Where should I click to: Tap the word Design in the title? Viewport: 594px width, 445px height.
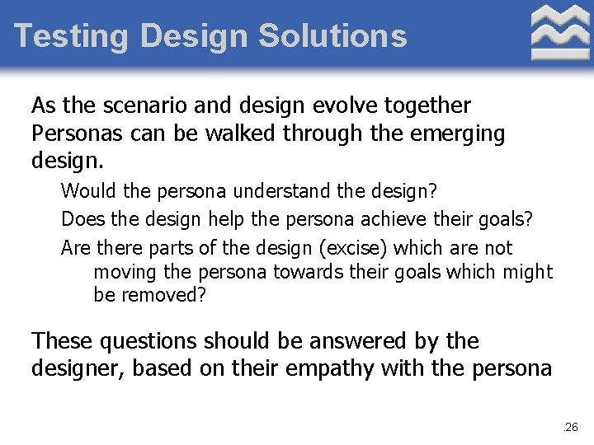click(194, 36)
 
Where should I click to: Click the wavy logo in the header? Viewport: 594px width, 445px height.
click(560, 32)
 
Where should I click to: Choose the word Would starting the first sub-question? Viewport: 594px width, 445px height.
click(89, 191)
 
